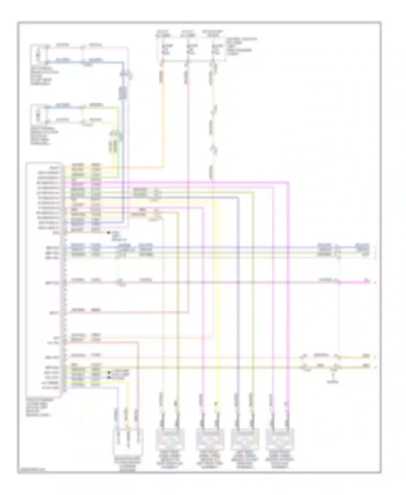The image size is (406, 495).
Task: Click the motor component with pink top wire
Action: coord(38,53)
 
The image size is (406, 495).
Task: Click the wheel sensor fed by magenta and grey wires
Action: coord(280,439)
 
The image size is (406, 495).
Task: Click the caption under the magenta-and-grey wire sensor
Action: coord(280,463)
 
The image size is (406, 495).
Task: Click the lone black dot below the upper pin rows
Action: coord(109,233)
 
